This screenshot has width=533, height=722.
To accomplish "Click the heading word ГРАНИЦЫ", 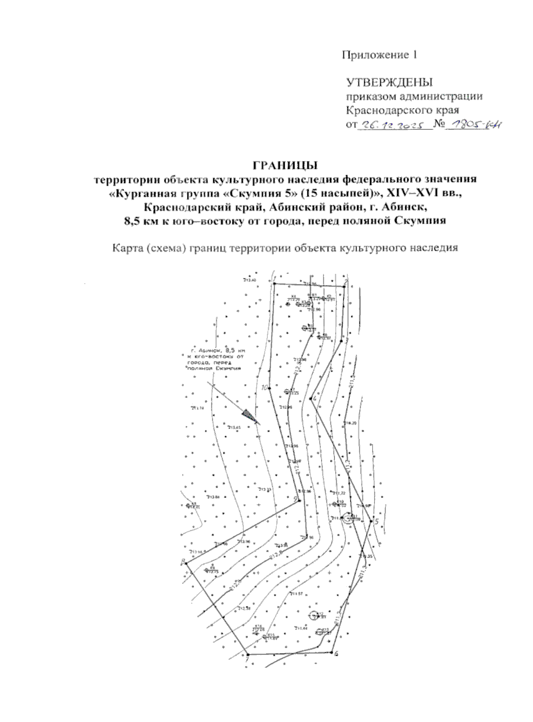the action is pyautogui.click(x=285, y=166).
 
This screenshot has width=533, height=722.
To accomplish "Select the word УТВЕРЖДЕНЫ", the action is pyautogui.click(x=389, y=82).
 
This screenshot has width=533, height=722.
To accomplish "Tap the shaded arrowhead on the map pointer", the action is pyautogui.click(x=250, y=416).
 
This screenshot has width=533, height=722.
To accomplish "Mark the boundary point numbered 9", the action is pyautogui.click(x=299, y=501).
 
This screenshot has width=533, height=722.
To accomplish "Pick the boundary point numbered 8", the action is pyautogui.click(x=187, y=563).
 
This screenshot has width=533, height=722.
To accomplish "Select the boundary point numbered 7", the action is pyautogui.click(x=247, y=655).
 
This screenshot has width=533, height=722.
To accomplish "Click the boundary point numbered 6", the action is pyautogui.click(x=332, y=653).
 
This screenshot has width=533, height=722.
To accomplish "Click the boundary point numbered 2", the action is pyautogui.click(x=344, y=287).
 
